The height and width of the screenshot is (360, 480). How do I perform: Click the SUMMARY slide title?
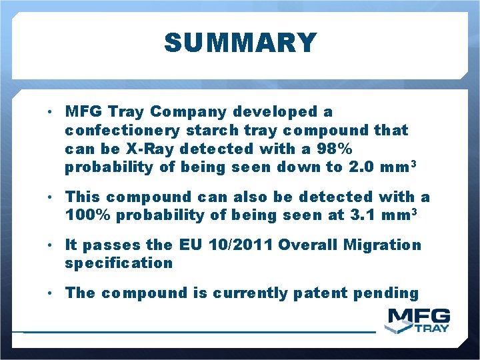click(240, 43)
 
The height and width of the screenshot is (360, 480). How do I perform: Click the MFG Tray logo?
click(419, 320)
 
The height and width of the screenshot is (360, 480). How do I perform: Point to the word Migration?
click(383, 245)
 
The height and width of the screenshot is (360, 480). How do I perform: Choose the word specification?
click(119, 263)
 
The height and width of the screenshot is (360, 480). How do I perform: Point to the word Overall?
click(308, 245)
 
